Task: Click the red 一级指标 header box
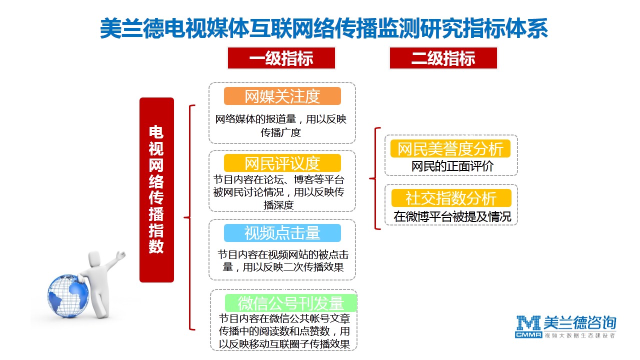[x=281, y=58]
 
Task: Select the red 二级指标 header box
[x=443, y=58]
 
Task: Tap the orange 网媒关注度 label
[x=282, y=96]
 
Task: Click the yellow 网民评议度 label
[x=282, y=163]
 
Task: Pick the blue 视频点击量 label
[x=282, y=233]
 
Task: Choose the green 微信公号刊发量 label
[x=291, y=303]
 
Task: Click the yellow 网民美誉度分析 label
[x=450, y=148]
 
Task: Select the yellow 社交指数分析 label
[x=451, y=198]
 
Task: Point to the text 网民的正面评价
[x=452, y=166]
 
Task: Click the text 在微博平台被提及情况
[x=452, y=216]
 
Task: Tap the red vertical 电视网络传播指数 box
[x=156, y=190]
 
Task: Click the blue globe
[x=68, y=296]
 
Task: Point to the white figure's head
[x=95, y=259]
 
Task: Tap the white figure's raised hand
[x=121, y=255]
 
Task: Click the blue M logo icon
[x=528, y=323]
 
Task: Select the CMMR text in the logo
[x=528, y=335]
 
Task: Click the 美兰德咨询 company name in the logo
[x=579, y=323]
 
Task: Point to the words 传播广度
[x=280, y=132]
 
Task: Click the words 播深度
[x=278, y=205]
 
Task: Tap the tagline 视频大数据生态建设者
[x=579, y=335]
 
